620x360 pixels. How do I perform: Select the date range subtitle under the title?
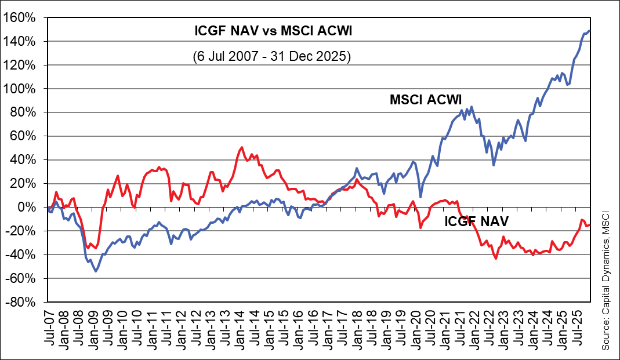[x=273, y=57]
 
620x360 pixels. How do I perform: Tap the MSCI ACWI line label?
[x=429, y=100]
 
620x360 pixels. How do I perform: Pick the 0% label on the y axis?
[x=30, y=207]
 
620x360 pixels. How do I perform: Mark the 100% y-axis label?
[x=23, y=89]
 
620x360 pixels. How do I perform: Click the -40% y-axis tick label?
[x=23, y=254]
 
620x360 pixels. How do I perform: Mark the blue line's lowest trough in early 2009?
[x=96, y=271]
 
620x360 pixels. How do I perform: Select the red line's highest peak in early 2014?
[x=241, y=147]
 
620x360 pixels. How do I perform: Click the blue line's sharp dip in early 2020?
[x=420, y=197]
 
